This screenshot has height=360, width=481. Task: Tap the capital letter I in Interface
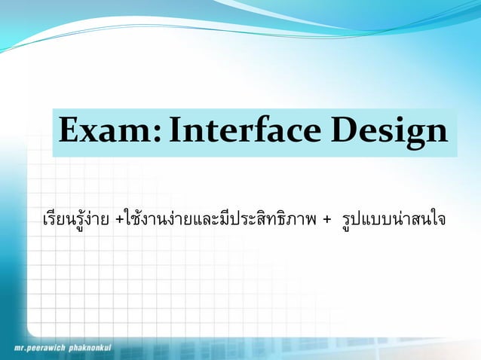[x=176, y=133]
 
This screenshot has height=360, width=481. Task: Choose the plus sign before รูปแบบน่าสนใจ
[x=326, y=221]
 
